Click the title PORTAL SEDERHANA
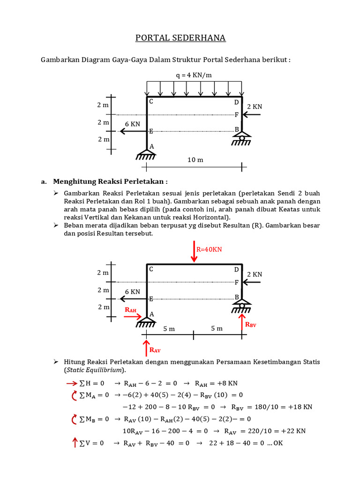180,38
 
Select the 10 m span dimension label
195,160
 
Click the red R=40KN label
209,249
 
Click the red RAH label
130,310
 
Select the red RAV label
155,350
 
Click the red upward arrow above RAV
147,348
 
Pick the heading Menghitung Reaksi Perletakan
110,181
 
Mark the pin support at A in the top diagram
147,153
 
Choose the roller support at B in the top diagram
242,138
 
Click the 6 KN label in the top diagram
132,124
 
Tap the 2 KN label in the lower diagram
255,274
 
